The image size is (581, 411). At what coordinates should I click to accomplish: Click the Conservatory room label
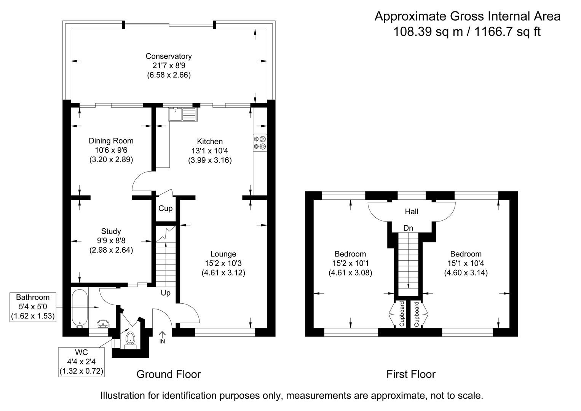(x=169, y=56)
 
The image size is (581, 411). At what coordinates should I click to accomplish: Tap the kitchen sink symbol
(x=182, y=114)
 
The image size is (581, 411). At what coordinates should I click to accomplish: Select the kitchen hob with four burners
(x=260, y=142)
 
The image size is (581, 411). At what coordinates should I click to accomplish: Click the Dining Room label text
(x=111, y=141)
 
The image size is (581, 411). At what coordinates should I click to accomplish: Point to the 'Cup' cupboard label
(x=165, y=209)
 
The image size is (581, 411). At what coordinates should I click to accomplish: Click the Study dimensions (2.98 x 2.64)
(x=111, y=250)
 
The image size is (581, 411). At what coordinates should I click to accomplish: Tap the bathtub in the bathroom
(x=80, y=308)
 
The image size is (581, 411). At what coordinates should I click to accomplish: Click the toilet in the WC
(x=130, y=338)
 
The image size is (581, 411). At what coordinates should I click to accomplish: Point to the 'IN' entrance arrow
(x=162, y=337)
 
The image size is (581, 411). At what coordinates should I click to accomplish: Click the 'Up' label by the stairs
(x=166, y=293)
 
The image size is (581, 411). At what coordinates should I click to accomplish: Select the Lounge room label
(x=223, y=254)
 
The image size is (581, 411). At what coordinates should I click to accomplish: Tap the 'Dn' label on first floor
(x=408, y=228)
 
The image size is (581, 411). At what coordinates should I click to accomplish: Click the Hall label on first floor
(x=411, y=212)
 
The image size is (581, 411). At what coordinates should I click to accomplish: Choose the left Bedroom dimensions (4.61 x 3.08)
(x=350, y=273)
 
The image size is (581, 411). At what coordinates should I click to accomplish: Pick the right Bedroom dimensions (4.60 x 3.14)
(x=466, y=273)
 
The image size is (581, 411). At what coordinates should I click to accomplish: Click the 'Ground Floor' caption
(x=168, y=374)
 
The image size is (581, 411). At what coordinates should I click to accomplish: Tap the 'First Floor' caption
(x=411, y=374)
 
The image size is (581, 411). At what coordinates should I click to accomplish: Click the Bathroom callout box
(x=33, y=307)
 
